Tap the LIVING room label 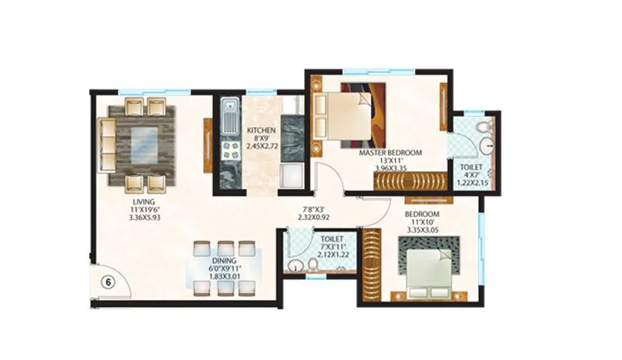144,201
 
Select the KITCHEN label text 261,130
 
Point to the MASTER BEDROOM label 390,153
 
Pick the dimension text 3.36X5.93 144,218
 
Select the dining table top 224,269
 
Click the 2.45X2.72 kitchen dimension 261,146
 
